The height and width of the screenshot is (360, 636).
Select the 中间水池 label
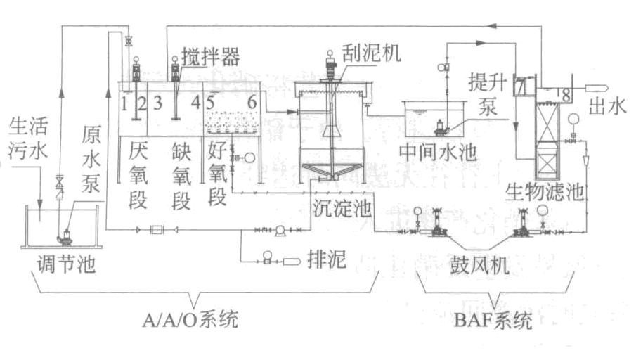(x=428, y=153)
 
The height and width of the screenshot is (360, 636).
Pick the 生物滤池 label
(x=544, y=192)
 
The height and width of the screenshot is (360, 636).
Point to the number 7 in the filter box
(x=520, y=88)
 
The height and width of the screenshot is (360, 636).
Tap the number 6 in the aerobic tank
(x=251, y=102)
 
